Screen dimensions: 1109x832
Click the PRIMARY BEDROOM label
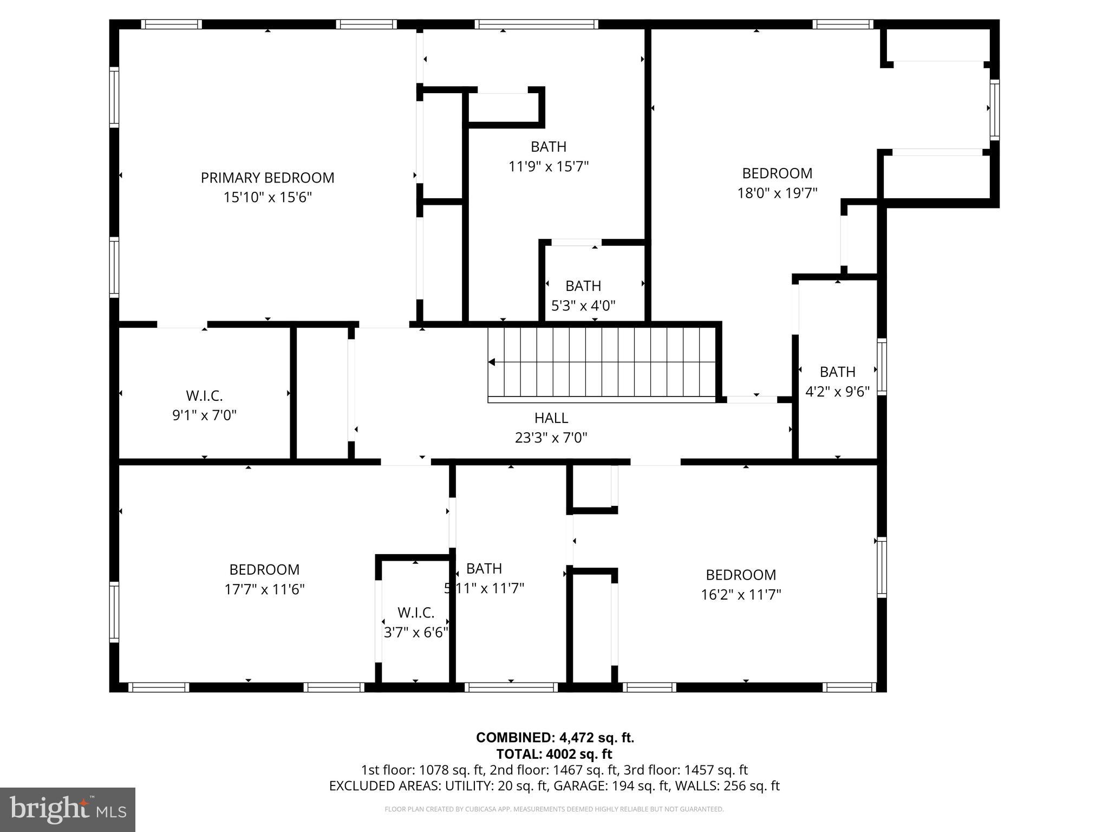(268, 178)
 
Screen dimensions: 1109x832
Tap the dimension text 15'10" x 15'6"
(268, 197)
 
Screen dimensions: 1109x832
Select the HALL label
(551, 418)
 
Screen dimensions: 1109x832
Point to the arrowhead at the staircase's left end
(492, 362)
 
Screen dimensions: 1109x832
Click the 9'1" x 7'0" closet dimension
(204, 415)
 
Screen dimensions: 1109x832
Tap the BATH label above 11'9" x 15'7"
(549, 146)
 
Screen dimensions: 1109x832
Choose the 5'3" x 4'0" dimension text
(583, 305)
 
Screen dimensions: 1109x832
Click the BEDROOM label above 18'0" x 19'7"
(777, 173)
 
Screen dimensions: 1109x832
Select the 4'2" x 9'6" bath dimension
(837, 391)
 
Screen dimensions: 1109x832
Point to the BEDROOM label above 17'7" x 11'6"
(264, 569)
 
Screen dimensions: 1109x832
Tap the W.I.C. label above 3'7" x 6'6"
(416, 613)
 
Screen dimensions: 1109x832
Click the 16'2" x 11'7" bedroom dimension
(741, 595)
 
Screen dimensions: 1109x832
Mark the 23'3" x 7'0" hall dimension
(551, 437)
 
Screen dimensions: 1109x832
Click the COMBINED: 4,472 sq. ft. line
(555, 737)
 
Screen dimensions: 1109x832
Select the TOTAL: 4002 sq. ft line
(554, 754)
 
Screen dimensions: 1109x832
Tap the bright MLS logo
(68, 809)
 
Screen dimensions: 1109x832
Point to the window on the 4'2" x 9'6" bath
(882, 366)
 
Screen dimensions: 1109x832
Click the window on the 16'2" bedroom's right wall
(882, 567)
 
